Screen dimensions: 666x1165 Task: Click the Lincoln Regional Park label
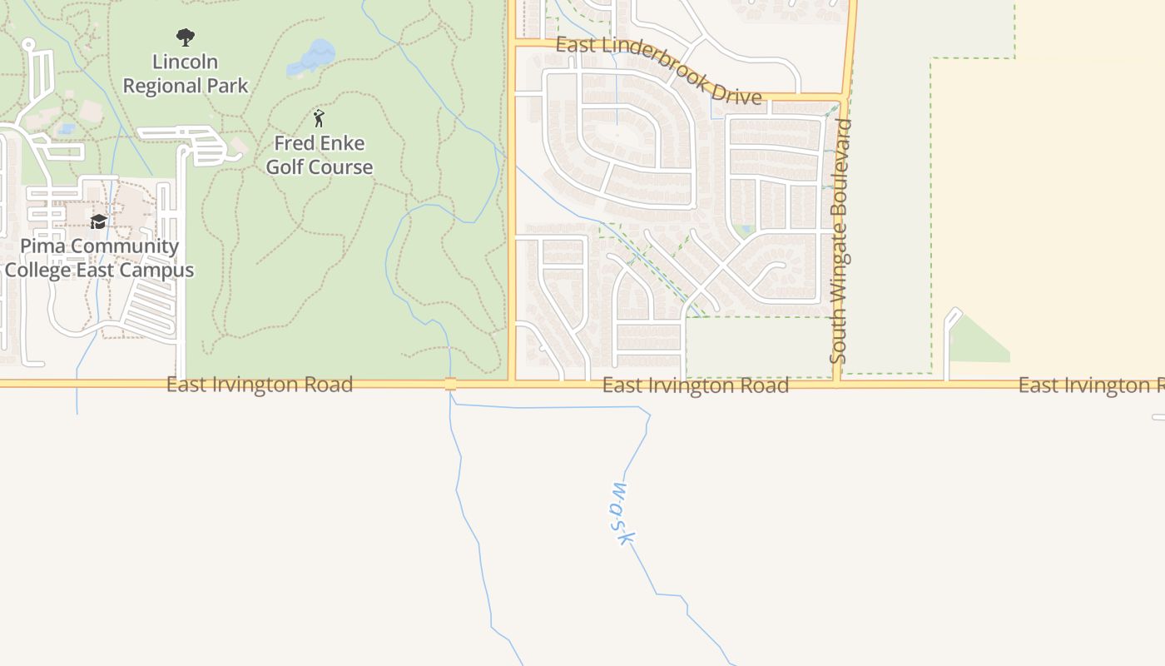(186, 73)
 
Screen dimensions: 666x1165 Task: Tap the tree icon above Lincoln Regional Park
(186, 37)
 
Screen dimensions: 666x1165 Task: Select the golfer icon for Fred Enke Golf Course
(319, 118)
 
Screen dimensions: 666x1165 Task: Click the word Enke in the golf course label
(342, 143)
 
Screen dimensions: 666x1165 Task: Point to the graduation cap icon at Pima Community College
(99, 221)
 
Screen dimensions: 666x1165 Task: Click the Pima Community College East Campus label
(99, 258)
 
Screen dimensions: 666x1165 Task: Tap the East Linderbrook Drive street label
(658, 71)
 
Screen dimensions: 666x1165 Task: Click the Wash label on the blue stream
(620, 513)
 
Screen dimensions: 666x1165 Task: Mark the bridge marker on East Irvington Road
(450, 384)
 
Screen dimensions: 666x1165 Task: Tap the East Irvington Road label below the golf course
(260, 385)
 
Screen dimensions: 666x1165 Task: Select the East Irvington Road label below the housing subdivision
(696, 385)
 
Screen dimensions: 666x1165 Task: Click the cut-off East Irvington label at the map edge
(1091, 385)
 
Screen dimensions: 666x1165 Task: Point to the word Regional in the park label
(186, 86)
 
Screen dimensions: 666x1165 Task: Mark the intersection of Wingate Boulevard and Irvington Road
(838, 383)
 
